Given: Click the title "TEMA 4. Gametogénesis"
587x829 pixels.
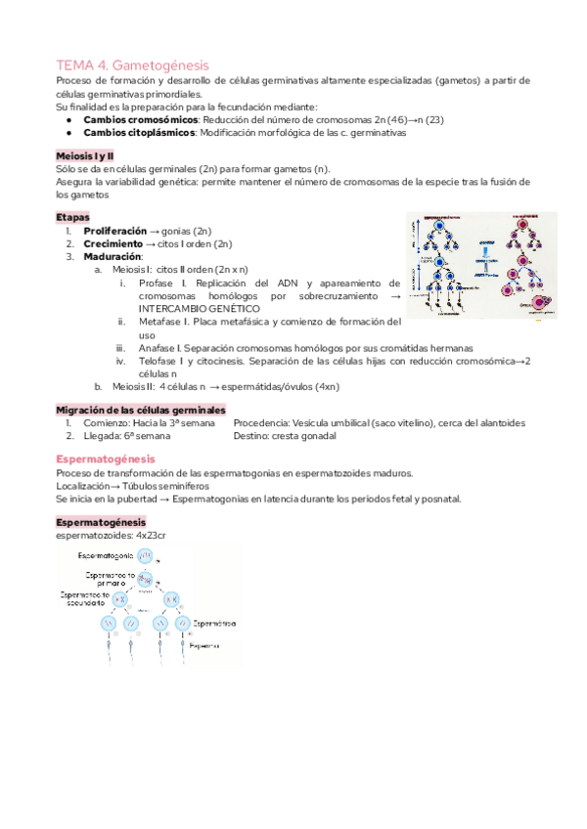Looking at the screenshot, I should [132, 64].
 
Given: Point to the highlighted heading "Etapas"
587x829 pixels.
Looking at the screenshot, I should [73, 217].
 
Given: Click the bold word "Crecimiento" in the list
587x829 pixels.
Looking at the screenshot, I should [118, 243].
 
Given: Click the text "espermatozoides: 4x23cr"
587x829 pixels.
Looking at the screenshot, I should [111, 536].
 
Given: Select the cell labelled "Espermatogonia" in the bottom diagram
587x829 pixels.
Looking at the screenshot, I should [145, 556].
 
